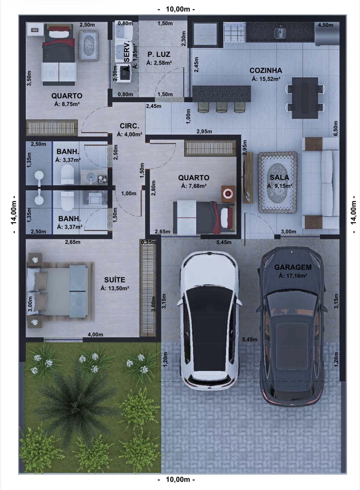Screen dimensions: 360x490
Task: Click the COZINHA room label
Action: click(x=266, y=70)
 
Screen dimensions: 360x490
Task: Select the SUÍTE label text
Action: click(x=115, y=280)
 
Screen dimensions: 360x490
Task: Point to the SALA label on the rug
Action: click(x=279, y=177)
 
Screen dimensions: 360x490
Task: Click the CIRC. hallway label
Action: click(x=129, y=126)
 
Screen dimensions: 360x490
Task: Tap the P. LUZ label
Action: click(x=159, y=54)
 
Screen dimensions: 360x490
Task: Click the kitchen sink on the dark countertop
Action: click(x=280, y=33)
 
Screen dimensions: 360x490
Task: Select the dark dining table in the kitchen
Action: click(x=305, y=98)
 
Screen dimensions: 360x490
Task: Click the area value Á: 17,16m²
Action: click(x=293, y=276)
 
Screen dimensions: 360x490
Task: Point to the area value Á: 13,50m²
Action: click(x=115, y=288)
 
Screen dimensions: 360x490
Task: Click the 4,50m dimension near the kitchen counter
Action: click(x=326, y=25)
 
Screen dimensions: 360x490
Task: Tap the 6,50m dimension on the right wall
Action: click(x=336, y=128)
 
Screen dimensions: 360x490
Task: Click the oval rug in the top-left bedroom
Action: click(x=89, y=46)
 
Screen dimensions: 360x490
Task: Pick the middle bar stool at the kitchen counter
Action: click(x=222, y=107)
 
